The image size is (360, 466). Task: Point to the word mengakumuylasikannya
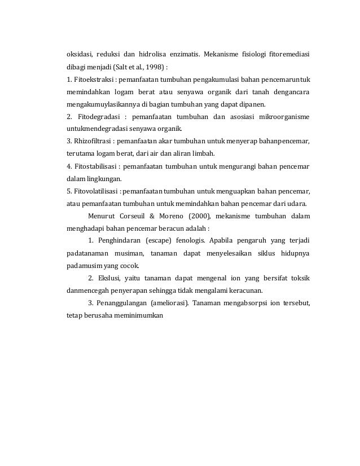coord(102,104)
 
